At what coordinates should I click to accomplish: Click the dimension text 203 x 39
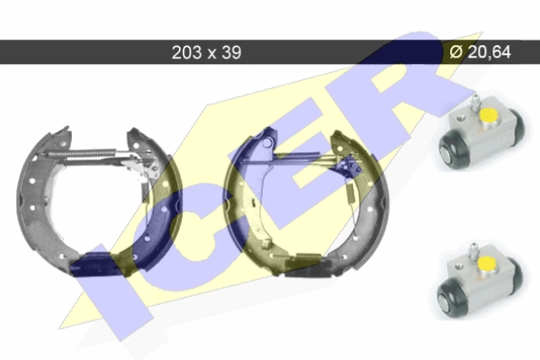point(206,52)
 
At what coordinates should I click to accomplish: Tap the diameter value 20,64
point(490,51)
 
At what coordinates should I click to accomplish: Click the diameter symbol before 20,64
point(456,52)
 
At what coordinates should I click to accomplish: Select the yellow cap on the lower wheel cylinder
point(486,264)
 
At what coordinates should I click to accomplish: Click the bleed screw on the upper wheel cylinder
point(474,103)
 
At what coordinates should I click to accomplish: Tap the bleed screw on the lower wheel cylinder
point(472,251)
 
